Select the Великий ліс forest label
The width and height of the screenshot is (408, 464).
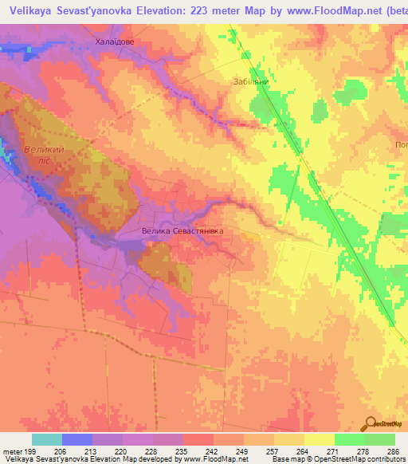coord(39,154)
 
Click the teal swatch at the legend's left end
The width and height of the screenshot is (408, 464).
coord(47,439)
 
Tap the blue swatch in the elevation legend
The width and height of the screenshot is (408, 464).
coord(77,439)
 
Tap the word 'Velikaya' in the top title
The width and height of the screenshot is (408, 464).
coord(27,9)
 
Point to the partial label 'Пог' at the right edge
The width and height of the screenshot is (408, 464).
coord(400,144)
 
